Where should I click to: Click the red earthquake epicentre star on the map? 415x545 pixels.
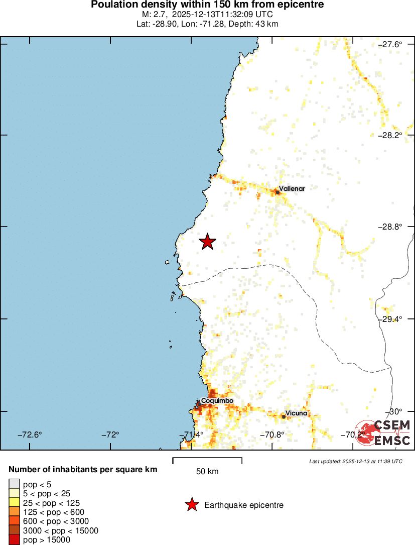pyautogui.click(x=207, y=242)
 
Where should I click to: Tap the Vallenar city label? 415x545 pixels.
pyautogui.click(x=292, y=188)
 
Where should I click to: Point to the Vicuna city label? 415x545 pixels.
pyautogui.click(x=296, y=413)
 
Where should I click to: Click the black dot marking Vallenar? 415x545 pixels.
pyautogui.click(x=277, y=192)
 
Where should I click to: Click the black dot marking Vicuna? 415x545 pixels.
pyautogui.click(x=284, y=416)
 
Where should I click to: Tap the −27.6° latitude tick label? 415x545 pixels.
pyautogui.click(x=389, y=44)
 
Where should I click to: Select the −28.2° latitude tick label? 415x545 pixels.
pyautogui.click(x=389, y=135)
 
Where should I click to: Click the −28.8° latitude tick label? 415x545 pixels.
pyautogui.click(x=389, y=227)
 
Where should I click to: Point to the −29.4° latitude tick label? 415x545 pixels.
pyautogui.click(x=389, y=319)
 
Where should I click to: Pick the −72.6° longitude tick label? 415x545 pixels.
pyautogui.click(x=30, y=434)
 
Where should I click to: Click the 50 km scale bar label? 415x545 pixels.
pyautogui.click(x=207, y=471)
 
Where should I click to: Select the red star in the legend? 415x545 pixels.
pyautogui.click(x=192, y=505)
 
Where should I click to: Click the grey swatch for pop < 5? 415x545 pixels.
pyautogui.click(x=14, y=484)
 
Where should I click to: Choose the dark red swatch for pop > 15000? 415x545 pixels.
pyautogui.click(x=14, y=540)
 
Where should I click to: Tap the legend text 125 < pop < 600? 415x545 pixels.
pyautogui.click(x=54, y=512)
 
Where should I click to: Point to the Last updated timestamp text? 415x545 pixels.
pyautogui.click(x=356, y=461)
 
